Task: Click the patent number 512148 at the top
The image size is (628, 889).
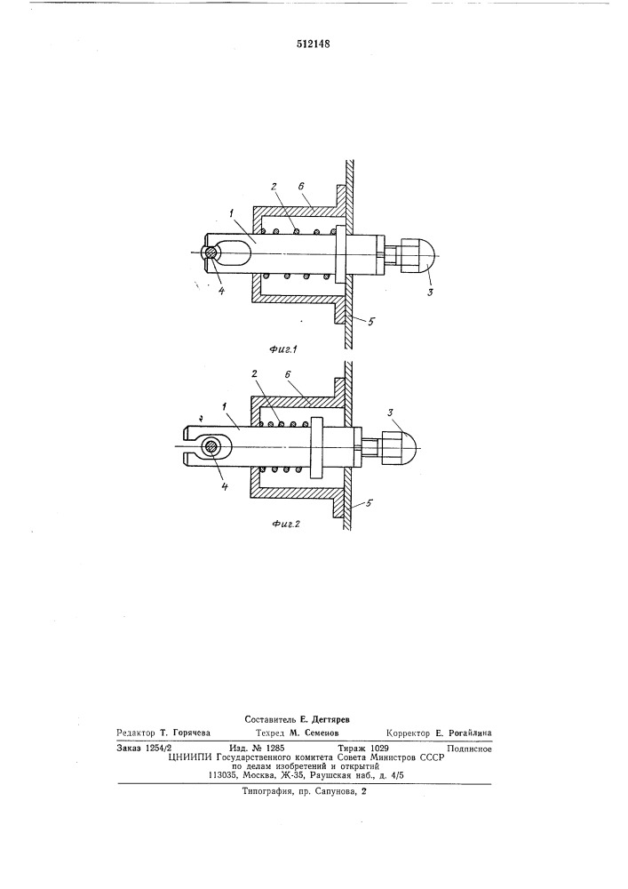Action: tap(314, 44)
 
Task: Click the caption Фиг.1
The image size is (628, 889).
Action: tap(284, 349)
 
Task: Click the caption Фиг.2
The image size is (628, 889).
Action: tap(286, 524)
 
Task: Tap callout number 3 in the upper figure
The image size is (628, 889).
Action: tap(431, 292)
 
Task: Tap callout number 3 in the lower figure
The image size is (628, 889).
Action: tap(391, 412)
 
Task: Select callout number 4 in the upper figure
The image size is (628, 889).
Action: tap(221, 291)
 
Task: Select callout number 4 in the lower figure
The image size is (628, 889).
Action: tap(224, 486)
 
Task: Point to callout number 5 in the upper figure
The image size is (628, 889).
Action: tap(371, 322)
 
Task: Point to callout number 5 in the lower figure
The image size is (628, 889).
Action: tap(369, 502)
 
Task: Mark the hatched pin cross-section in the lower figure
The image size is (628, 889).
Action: tap(211, 446)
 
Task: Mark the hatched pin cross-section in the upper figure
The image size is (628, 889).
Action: tap(211, 252)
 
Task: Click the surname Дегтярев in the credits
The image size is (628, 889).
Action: tap(330, 719)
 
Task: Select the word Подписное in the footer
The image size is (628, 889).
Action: tap(469, 749)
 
